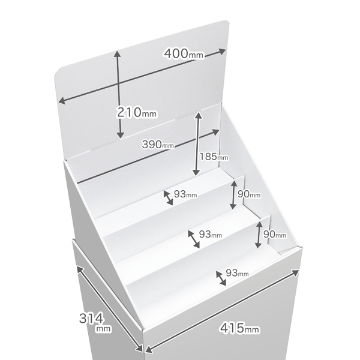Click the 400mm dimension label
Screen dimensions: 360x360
click(x=184, y=54)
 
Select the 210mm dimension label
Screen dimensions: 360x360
click(x=137, y=112)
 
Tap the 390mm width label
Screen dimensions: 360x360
click(x=158, y=145)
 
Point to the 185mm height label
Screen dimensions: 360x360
click(x=214, y=157)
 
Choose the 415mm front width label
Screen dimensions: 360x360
click(x=239, y=328)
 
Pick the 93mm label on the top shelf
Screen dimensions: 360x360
click(x=185, y=194)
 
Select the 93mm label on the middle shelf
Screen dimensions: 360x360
click(x=211, y=234)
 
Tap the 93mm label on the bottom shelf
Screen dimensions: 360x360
click(x=237, y=273)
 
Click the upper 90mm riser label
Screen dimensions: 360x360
click(x=249, y=194)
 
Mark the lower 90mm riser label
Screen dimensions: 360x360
click(x=275, y=234)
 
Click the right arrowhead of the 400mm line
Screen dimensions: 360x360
click(x=222, y=52)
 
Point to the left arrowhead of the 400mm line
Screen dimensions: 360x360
click(x=62, y=101)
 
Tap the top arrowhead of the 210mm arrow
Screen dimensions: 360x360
click(x=118, y=54)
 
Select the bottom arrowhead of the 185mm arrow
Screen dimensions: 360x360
click(x=196, y=173)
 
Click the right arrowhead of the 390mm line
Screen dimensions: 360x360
click(x=215, y=132)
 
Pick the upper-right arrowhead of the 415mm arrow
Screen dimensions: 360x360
click(x=296, y=272)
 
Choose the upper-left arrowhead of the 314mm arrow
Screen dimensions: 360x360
click(x=79, y=269)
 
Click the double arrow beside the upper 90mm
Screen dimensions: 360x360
click(x=233, y=194)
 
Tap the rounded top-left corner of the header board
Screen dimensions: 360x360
click(x=58, y=71)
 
